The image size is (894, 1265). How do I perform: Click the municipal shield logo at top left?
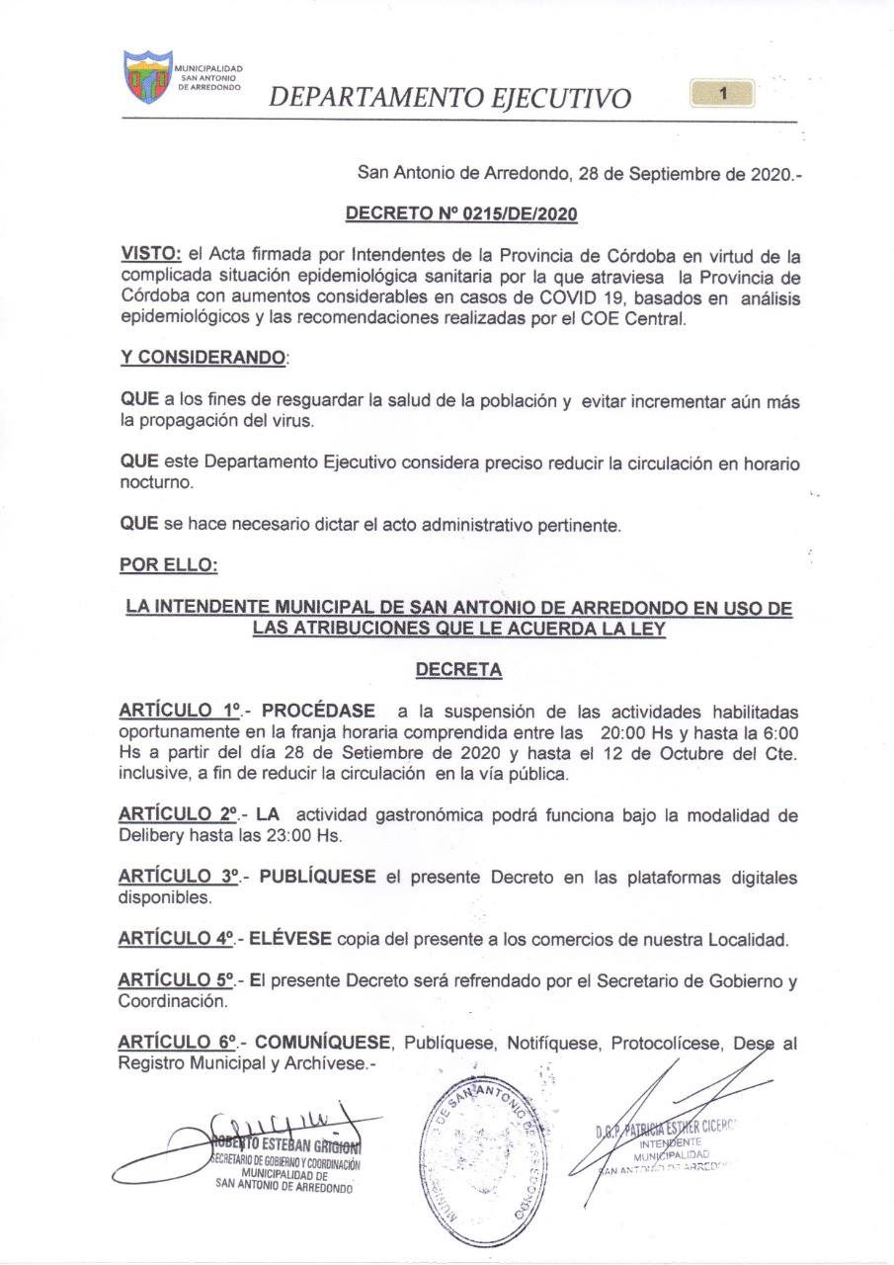(147, 77)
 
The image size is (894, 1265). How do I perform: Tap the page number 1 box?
(723, 94)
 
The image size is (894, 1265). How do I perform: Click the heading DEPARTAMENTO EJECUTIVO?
(450, 98)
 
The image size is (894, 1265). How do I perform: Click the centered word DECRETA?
(458, 670)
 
